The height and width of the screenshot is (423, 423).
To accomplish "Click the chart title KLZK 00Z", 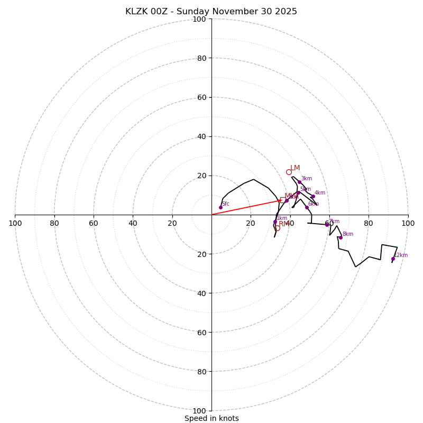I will point(211,12).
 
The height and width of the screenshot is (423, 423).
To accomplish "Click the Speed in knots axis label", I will point(212,418).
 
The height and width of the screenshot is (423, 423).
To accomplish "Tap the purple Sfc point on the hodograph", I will point(220,207).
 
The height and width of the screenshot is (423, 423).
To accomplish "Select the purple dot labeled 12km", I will point(393,259).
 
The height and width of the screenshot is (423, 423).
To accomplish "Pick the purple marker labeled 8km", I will point(341,237).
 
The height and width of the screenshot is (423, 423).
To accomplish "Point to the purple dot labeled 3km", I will point(299,182).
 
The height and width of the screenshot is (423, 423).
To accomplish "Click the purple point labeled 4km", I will point(313,197).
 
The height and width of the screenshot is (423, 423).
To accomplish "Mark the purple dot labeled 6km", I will point(307,207).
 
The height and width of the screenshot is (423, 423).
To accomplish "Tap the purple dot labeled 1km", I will point(275,222).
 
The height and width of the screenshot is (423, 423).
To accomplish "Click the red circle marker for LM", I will point(289,172).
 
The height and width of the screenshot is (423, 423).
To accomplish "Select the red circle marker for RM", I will point(277,228).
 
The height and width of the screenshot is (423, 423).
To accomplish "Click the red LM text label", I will point(295,168).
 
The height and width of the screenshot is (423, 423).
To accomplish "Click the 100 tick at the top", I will point(199,19).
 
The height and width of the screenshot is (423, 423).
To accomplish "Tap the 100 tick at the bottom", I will point(199,411).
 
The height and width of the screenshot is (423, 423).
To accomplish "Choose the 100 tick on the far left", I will point(15,223).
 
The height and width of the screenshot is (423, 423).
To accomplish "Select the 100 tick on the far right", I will point(408,223).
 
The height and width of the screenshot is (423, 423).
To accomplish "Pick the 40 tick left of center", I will point(133,223).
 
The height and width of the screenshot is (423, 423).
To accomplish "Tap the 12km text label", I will point(401,255).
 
